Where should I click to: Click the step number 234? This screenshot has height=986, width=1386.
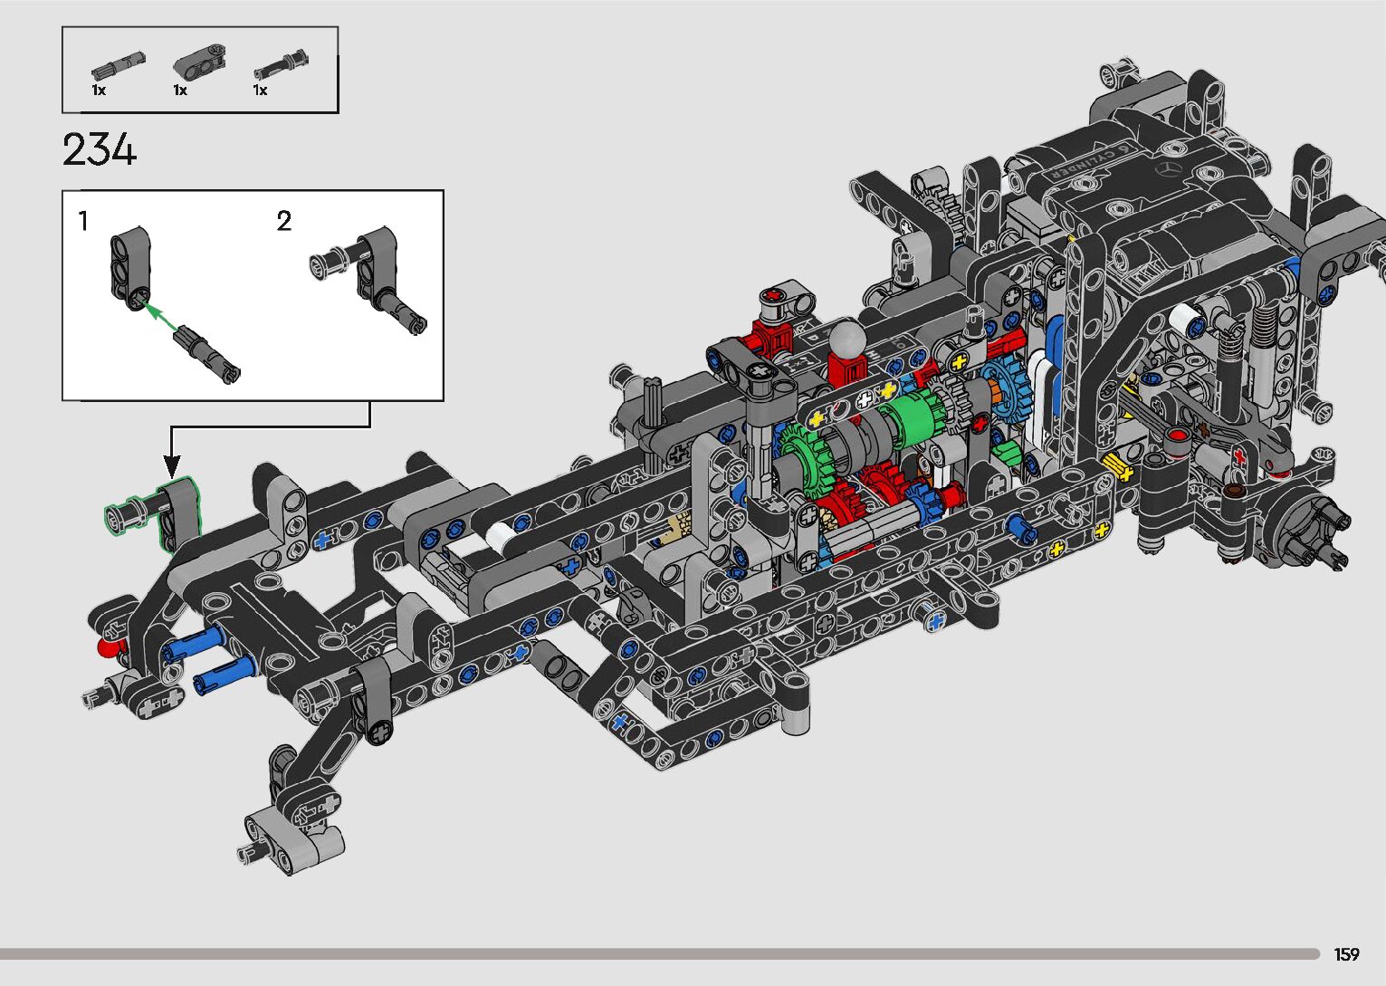click(99, 149)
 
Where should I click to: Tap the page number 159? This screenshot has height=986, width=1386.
click(1346, 953)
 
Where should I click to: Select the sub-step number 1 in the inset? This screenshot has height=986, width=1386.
click(83, 221)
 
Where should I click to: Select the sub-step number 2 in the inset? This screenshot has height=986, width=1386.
click(284, 221)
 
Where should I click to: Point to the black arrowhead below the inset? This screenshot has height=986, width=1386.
click(171, 466)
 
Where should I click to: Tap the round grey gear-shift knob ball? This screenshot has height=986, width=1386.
click(846, 338)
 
